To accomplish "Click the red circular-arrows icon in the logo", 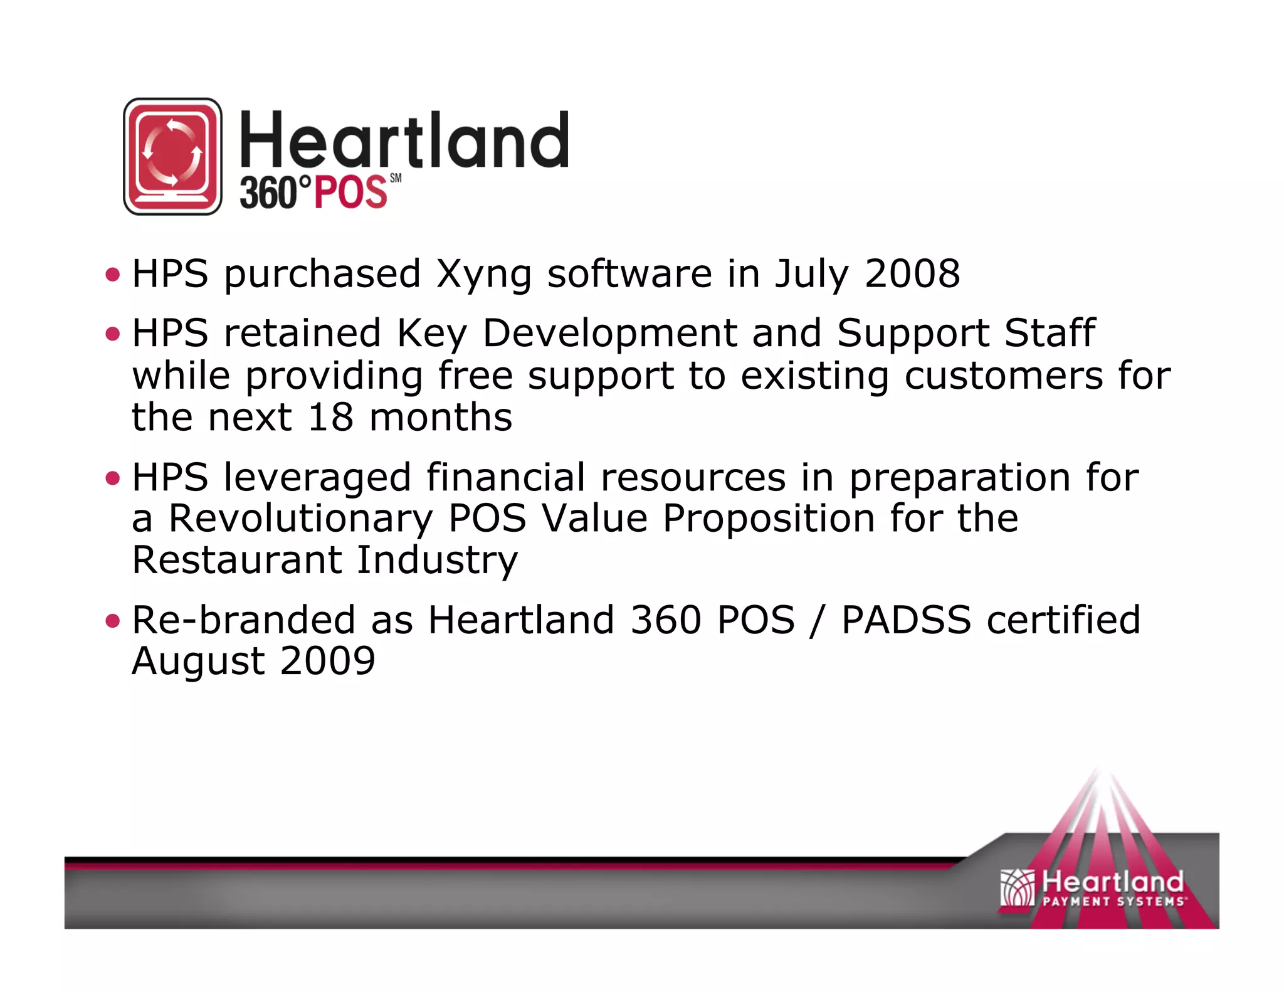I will point(172,156).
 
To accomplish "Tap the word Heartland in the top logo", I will point(404,140).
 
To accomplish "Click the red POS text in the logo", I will point(350,193).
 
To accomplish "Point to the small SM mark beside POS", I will point(396,179).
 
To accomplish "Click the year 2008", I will point(912,274).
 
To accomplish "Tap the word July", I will point(811,275).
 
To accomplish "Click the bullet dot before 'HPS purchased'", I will point(113,274).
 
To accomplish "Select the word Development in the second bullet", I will point(609,333).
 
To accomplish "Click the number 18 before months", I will point(330,418).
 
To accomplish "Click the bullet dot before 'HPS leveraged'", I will point(113,478).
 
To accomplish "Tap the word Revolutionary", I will point(300,519).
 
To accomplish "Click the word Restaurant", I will point(237,560).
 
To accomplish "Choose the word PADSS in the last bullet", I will point(906,620).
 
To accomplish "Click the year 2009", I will point(327,661).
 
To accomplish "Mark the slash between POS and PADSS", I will point(815,621).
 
